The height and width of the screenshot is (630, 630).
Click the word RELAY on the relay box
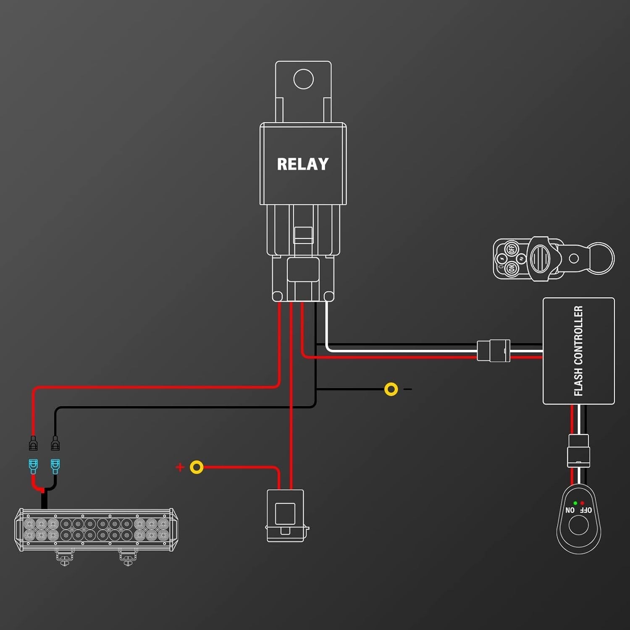(x=302, y=164)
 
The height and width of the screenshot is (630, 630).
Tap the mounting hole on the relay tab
(x=303, y=79)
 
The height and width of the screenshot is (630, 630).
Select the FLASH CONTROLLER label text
(x=578, y=351)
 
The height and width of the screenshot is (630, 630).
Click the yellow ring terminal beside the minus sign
(x=391, y=389)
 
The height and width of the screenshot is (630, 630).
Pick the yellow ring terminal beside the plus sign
(x=197, y=467)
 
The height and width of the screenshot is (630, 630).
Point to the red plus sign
(x=180, y=467)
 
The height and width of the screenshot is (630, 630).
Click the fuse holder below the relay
(x=286, y=515)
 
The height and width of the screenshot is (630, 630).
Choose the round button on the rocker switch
(x=578, y=525)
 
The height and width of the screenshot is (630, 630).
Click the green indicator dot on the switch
(x=575, y=503)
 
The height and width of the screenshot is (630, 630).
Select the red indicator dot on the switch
(x=582, y=503)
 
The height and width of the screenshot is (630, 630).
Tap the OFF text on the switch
(x=586, y=510)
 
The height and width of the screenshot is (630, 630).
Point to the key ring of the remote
(x=601, y=259)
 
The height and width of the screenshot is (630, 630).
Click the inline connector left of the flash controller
(x=493, y=351)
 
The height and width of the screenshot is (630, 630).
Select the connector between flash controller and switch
(x=578, y=451)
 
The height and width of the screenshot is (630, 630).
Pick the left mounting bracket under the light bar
(x=65, y=558)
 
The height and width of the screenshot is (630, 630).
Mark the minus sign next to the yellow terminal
(x=407, y=389)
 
